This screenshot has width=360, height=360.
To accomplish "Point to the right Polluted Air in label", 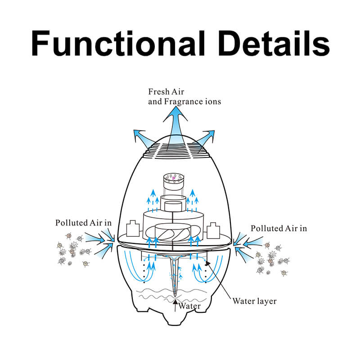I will [279, 228].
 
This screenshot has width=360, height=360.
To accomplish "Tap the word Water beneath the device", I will [189, 306].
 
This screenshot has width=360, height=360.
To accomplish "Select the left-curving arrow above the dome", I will [142, 137].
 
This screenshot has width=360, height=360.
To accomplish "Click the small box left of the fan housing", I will [133, 228].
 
